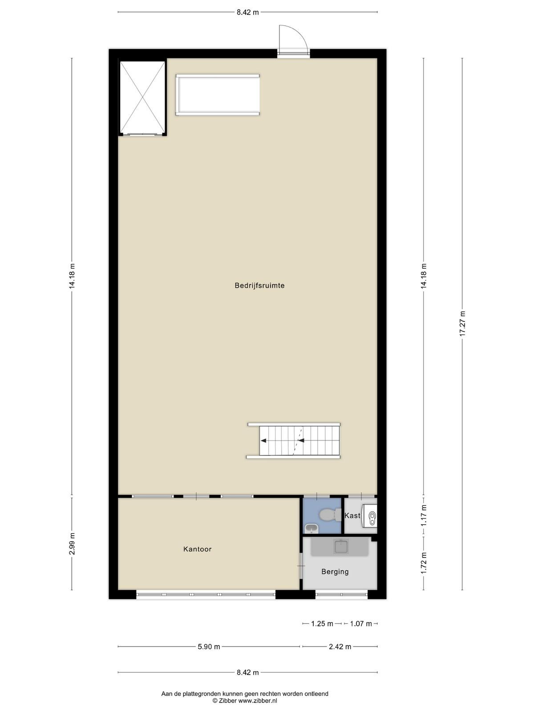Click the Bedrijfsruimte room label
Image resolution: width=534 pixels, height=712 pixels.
[259, 285]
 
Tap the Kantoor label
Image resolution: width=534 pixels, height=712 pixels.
[197, 549]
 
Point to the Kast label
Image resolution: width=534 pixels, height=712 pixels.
[352, 515]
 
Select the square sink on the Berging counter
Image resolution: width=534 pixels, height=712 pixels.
[341, 546]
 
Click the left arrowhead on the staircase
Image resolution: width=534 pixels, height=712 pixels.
[263, 441]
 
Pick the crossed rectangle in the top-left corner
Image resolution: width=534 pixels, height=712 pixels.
[143, 97]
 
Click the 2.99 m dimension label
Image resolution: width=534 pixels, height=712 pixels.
[72, 544]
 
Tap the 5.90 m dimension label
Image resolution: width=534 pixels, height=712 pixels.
[209, 647]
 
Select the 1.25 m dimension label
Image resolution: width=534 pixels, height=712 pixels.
[322, 623]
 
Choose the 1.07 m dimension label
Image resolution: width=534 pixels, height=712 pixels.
[361, 623]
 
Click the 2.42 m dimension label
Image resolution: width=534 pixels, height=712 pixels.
[340, 647]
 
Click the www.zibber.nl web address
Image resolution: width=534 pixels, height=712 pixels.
[258, 700]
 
